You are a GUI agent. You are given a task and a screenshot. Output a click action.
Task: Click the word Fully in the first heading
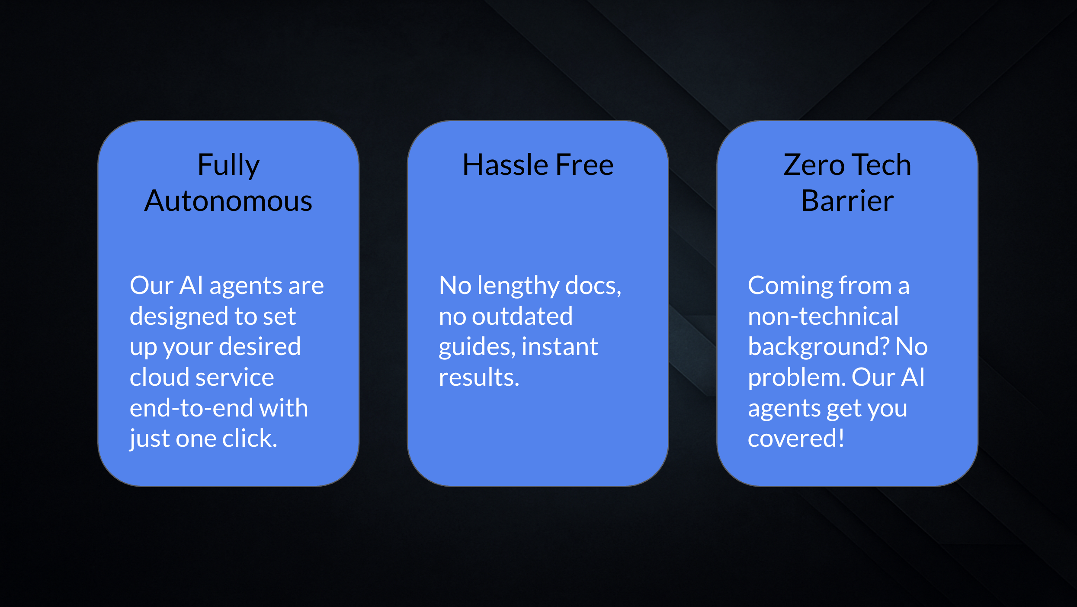pyautogui.click(x=228, y=165)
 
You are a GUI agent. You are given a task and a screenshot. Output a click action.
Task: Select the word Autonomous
pyautogui.click(x=228, y=201)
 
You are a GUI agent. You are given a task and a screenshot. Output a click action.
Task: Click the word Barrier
pyautogui.click(x=847, y=201)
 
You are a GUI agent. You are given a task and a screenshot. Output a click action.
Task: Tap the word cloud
pyautogui.click(x=158, y=377)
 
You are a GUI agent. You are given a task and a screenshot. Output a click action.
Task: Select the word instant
pyautogui.click(x=560, y=346)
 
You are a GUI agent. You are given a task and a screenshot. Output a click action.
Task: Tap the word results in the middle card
pyautogui.click(x=479, y=377)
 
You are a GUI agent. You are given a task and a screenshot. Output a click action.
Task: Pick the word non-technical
pyautogui.click(x=823, y=316)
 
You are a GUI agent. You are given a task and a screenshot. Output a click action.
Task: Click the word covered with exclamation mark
pyautogui.click(x=796, y=438)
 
